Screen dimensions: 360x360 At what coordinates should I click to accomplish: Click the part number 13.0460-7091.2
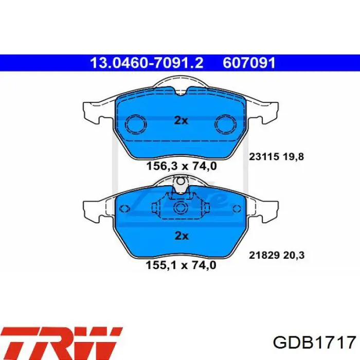pos(147,63)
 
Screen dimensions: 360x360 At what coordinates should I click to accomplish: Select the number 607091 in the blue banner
pos(249,63)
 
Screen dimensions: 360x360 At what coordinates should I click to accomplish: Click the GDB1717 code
pos(314,343)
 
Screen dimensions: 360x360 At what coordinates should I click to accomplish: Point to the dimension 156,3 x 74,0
pos(182,166)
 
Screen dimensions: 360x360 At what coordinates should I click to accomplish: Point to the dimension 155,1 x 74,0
pos(181,265)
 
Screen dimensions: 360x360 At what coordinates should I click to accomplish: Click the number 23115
pos(264,157)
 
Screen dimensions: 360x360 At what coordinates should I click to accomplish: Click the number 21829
pos(264,255)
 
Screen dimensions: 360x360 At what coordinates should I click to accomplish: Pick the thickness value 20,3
pos(294,255)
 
